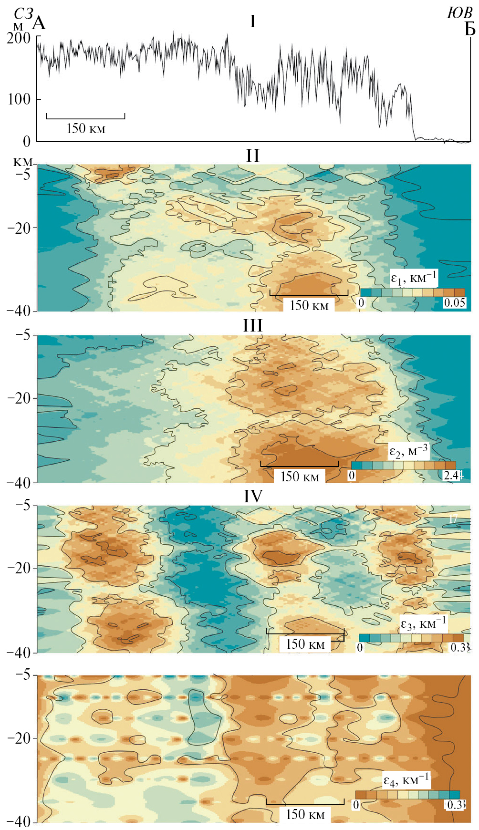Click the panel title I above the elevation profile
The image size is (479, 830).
pyautogui.click(x=252, y=21)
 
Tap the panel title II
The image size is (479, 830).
pyautogui.click(x=252, y=156)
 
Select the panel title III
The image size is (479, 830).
pyautogui.click(x=252, y=326)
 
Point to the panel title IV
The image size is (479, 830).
pyautogui.click(x=253, y=497)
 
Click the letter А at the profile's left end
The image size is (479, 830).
pyautogui.click(x=39, y=23)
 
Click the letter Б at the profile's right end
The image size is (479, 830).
pyautogui.click(x=470, y=30)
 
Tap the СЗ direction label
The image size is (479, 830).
pyautogui.click(x=23, y=14)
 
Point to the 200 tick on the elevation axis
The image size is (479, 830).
pyautogui.click(x=19, y=38)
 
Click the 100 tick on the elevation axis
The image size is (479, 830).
pyautogui.click(x=19, y=100)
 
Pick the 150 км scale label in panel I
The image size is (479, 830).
pyautogui.click(x=86, y=128)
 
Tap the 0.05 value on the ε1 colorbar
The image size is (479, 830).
pyautogui.click(x=454, y=303)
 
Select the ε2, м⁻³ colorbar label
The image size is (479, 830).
pyautogui.click(x=408, y=451)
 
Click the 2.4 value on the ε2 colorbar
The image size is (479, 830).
pyautogui.click(x=451, y=475)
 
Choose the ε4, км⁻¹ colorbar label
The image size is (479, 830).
pyautogui.click(x=406, y=780)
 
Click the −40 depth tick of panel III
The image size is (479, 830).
pyautogui.click(x=19, y=482)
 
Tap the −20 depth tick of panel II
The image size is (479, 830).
pyautogui.click(x=19, y=228)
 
